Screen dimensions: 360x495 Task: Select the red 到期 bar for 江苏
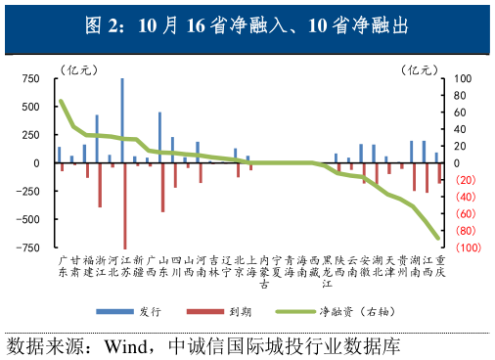click(x=125, y=205)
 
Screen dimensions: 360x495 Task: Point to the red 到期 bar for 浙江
click(x=100, y=185)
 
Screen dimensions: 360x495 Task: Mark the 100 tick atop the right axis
click(x=462, y=78)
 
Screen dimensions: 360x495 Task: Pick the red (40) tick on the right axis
click(x=465, y=198)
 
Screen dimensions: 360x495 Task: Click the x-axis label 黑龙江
click(x=327, y=273)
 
